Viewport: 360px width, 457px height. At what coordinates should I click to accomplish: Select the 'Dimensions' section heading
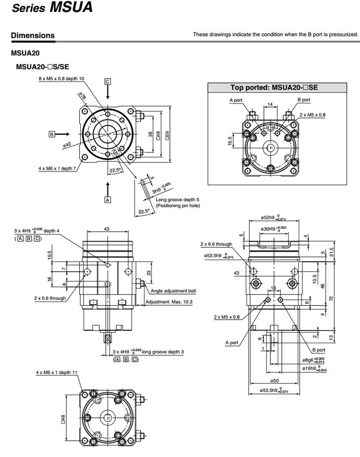coord(33,35)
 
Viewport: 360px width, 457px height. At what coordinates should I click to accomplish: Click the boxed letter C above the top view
coord(108,81)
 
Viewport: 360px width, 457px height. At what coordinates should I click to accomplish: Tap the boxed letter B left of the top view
coord(52,134)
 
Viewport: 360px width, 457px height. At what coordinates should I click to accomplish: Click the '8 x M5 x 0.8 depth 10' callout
coord(61,78)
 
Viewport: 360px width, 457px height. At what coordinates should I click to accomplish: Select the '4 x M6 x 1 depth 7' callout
coord(57,168)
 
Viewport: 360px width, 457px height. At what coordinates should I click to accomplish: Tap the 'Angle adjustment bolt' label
coord(173,291)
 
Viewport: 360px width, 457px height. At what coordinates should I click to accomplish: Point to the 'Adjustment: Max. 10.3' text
coord(168,302)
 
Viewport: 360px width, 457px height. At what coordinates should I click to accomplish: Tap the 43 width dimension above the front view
coord(107,229)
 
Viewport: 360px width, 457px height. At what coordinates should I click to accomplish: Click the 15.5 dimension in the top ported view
coord(230,141)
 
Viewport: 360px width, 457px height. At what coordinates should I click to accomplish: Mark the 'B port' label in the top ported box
coord(304,100)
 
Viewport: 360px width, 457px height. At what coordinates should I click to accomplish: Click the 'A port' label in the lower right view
coord(231,342)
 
